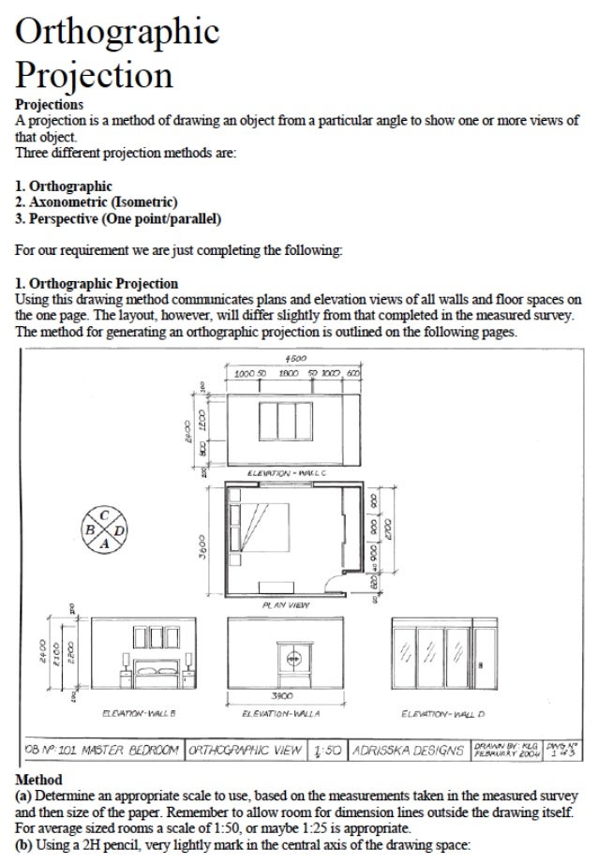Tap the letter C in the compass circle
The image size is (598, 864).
106,515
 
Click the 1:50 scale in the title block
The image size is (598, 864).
330,750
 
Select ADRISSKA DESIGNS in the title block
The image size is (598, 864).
405,750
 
